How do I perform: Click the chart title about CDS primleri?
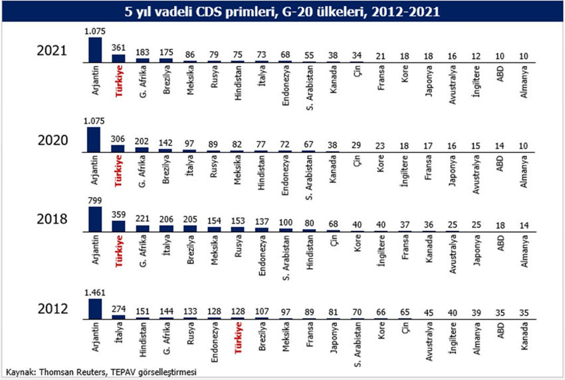click(x=282, y=12)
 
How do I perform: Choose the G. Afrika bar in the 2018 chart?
click(x=143, y=228)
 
